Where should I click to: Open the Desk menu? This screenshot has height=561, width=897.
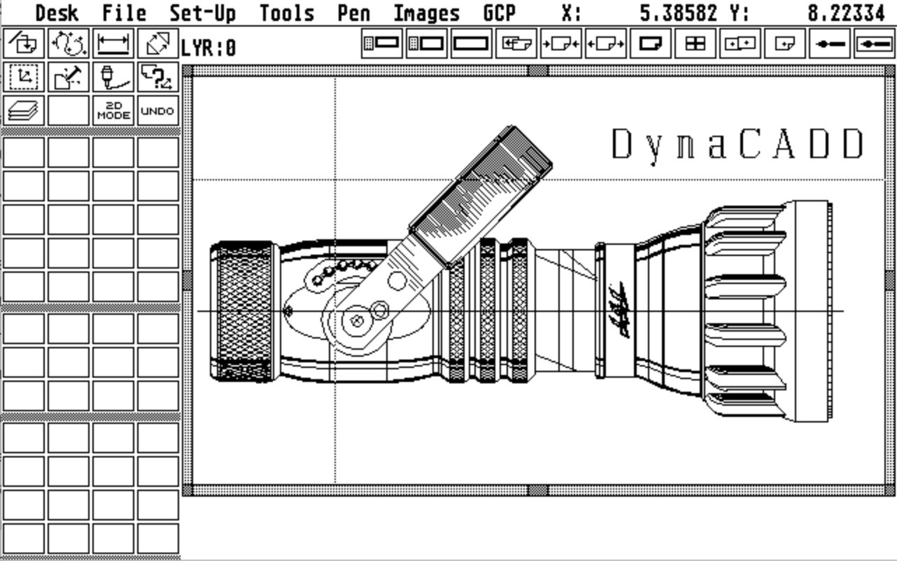57,13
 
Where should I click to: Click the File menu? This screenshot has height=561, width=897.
124,13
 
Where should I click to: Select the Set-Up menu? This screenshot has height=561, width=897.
203,13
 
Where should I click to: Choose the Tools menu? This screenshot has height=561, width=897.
287,13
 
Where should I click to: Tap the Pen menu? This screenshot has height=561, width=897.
354,13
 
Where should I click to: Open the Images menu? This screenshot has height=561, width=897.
427,14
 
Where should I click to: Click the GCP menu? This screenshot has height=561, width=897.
500,13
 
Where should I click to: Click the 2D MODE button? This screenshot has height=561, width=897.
114,110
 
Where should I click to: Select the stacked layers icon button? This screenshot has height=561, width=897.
24,110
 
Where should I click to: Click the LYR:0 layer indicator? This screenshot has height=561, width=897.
209,48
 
